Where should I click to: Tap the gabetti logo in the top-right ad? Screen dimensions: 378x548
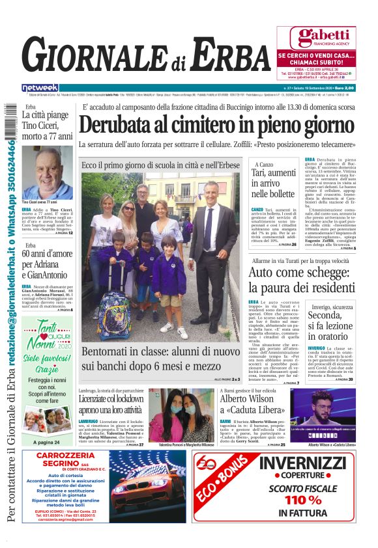315,37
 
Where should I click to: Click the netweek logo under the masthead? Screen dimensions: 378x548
40,88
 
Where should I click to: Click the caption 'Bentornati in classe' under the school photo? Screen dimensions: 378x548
160,359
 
